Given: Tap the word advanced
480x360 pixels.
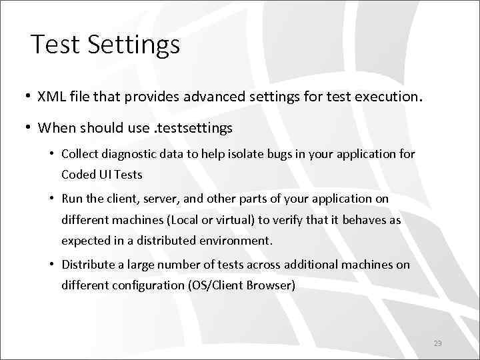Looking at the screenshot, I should click(236, 97).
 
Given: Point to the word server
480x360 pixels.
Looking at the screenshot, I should click(160, 199).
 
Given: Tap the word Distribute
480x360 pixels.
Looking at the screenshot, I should click(89, 265).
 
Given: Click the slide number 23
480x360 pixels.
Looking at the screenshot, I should click(438, 343).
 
